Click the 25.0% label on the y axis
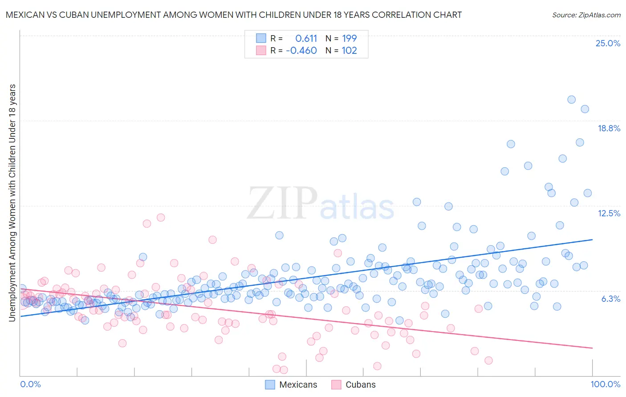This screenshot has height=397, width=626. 608,43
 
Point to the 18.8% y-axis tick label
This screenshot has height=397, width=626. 609,128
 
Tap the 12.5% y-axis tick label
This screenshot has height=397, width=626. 609,213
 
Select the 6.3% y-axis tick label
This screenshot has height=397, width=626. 610,299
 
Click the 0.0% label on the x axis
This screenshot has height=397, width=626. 30,384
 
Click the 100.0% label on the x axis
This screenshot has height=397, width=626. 605,384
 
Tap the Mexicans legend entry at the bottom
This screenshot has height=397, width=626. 291,385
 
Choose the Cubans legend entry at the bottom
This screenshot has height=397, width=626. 354,385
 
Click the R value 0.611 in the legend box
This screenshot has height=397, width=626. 306,38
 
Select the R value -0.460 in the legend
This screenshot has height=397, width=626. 301,50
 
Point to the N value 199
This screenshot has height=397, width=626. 350,38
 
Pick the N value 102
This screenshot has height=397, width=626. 350,50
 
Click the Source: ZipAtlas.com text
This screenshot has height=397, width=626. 586,15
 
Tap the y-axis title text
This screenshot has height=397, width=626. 12,203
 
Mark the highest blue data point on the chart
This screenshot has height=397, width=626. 571,100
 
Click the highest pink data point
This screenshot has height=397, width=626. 161,218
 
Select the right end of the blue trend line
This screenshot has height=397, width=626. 592,239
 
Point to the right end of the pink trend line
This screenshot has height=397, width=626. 592,348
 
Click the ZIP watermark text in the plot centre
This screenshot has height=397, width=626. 282,203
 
